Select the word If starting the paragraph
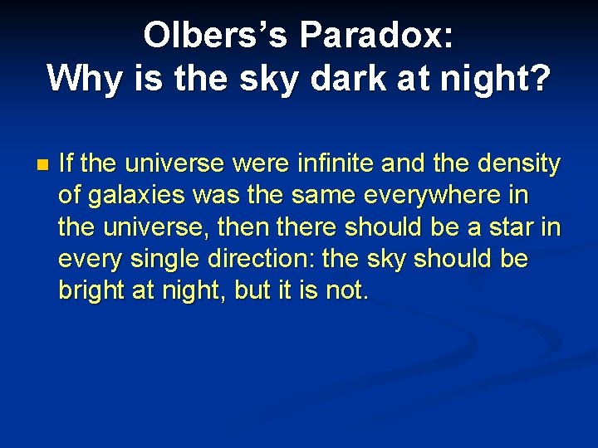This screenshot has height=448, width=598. tap(67, 163)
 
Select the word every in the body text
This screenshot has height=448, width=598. tap(90, 259)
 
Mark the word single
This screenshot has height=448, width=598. tap(169, 259)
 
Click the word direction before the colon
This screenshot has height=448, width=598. tap(265, 259)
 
